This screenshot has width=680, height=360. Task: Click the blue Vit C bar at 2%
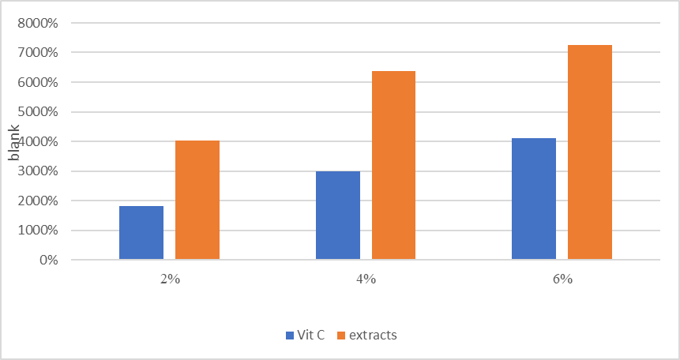(141, 233)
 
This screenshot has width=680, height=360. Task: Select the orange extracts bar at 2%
(197, 201)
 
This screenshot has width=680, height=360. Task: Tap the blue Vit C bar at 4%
(338, 216)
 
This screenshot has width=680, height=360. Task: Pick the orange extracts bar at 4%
(393, 166)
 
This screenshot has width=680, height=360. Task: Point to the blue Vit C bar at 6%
(534, 199)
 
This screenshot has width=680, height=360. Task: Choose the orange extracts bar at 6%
(590, 152)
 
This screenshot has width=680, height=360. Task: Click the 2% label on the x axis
(170, 279)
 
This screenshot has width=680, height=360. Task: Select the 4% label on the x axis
(366, 279)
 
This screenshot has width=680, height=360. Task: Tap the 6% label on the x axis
(562, 279)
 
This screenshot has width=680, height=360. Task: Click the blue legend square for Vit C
(289, 335)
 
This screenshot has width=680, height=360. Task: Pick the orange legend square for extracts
(341, 335)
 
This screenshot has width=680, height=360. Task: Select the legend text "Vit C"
(310, 335)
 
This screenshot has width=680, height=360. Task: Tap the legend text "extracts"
(374, 335)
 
